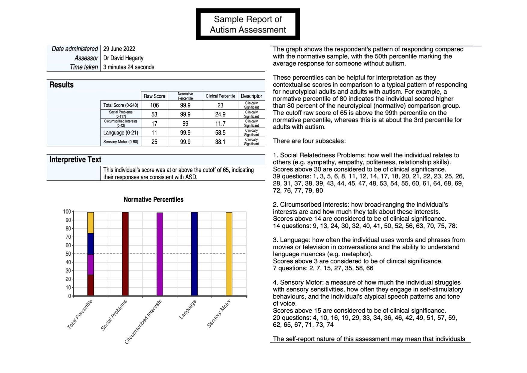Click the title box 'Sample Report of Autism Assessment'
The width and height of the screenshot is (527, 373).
click(248, 24)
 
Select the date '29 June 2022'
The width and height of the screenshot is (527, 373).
click(119, 49)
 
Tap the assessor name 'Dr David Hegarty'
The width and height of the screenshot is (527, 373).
click(123, 58)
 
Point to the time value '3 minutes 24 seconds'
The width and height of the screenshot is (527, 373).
click(129, 67)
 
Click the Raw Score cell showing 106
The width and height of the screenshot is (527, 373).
click(154, 105)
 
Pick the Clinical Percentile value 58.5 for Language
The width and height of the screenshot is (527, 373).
click(220, 133)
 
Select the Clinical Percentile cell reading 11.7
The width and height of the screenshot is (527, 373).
click(220, 124)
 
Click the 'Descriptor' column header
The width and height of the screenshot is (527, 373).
click(251, 96)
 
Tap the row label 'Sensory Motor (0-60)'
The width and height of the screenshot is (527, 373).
click(121, 142)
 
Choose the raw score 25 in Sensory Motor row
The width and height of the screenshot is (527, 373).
click(154, 142)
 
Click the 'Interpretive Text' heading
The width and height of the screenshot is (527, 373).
click(75, 159)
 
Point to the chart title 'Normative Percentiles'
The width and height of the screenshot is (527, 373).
click(153, 199)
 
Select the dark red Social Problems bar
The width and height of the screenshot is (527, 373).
click(125, 254)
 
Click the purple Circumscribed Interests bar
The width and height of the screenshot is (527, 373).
click(160, 254)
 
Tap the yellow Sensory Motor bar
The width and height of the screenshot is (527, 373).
click(229, 254)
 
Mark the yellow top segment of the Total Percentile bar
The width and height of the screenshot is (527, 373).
click(90, 223)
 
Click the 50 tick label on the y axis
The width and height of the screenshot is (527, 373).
click(68, 254)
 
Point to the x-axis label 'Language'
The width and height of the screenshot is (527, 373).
click(188, 310)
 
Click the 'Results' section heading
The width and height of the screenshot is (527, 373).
click(62, 85)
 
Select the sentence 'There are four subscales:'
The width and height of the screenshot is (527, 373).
click(309, 141)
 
